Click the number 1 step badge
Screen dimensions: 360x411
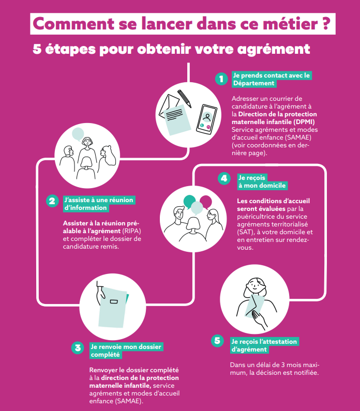221,79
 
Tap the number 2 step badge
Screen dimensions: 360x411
52,201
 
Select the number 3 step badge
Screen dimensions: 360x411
78,348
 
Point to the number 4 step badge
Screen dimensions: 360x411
224,178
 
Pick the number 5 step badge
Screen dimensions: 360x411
217,341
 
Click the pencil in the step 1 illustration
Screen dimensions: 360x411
184,99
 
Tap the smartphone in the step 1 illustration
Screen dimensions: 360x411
206,119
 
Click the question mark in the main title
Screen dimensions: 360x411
325,24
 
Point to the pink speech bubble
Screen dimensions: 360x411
206,201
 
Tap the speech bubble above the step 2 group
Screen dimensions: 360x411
78,134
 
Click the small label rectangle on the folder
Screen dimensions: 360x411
114,302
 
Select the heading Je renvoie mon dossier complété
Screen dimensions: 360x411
126,351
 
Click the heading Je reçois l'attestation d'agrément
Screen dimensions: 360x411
264,345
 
